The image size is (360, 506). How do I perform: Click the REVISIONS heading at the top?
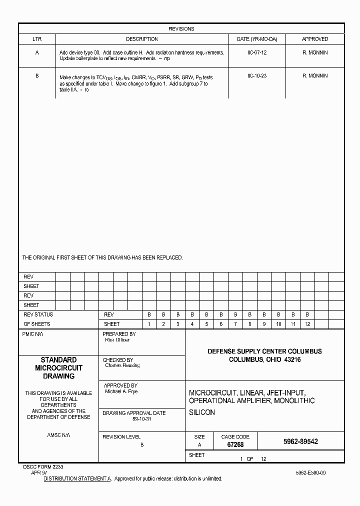tap(181, 29)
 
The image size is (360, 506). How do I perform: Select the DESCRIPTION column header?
tap(141, 39)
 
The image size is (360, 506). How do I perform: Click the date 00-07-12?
tap(257, 52)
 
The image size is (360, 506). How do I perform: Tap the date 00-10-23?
tap(257, 76)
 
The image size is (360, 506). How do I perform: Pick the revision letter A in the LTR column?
tap(37, 52)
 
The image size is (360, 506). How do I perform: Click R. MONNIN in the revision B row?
tap(315, 76)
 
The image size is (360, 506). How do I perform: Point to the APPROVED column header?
tap(315, 39)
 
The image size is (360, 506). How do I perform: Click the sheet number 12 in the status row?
tap(307, 324)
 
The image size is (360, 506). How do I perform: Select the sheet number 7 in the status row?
tap(235, 324)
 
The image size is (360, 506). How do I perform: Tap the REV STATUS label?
tap(38, 314)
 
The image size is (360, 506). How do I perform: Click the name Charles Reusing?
tap(122, 365)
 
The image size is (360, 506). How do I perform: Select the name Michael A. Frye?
tap(121, 391)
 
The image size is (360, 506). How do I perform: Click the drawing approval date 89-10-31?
tap(141, 419)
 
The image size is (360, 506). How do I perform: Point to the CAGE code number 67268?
tap(235, 444)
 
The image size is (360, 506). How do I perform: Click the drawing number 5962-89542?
tap(300, 442)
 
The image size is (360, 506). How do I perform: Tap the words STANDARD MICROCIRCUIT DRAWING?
tap(58, 368)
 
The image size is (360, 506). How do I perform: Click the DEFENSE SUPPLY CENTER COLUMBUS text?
tap(264, 351)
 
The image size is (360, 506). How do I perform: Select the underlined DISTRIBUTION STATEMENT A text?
tap(77, 478)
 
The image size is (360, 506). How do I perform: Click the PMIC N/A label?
tap(33, 334)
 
